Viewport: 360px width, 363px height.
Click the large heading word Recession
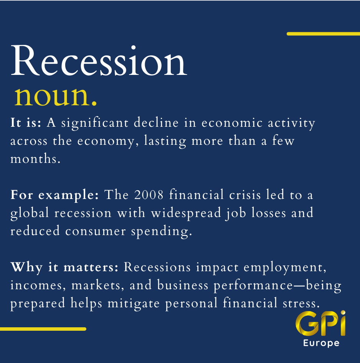[99, 61]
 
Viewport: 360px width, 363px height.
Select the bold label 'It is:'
[26, 122]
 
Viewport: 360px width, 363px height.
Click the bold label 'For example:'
[54, 195]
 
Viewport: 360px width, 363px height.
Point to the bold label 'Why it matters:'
[64, 267]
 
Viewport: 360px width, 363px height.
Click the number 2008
[149, 194]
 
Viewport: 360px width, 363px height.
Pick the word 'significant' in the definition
[95, 123]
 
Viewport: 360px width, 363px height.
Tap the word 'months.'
[35, 159]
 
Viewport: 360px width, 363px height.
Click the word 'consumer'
[96, 231]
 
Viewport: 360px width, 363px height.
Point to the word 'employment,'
[285, 267]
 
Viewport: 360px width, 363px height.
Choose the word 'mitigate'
[134, 303]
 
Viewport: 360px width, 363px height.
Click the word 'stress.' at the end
[301, 303]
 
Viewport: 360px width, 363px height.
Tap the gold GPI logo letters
[320, 323]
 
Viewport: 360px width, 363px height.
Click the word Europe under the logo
[321, 343]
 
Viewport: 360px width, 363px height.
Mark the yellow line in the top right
[324, 34]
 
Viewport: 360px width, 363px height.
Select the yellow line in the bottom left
[43, 329]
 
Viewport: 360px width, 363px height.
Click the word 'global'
[30, 213]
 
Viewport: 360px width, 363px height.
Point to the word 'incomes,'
[38, 285]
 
